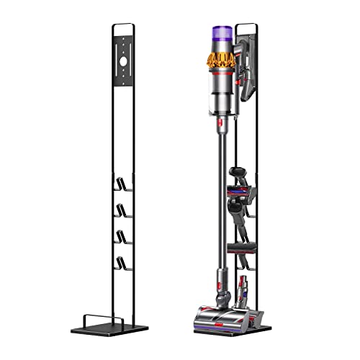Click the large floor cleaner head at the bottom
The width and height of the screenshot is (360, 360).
pyautogui.click(x=216, y=318)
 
